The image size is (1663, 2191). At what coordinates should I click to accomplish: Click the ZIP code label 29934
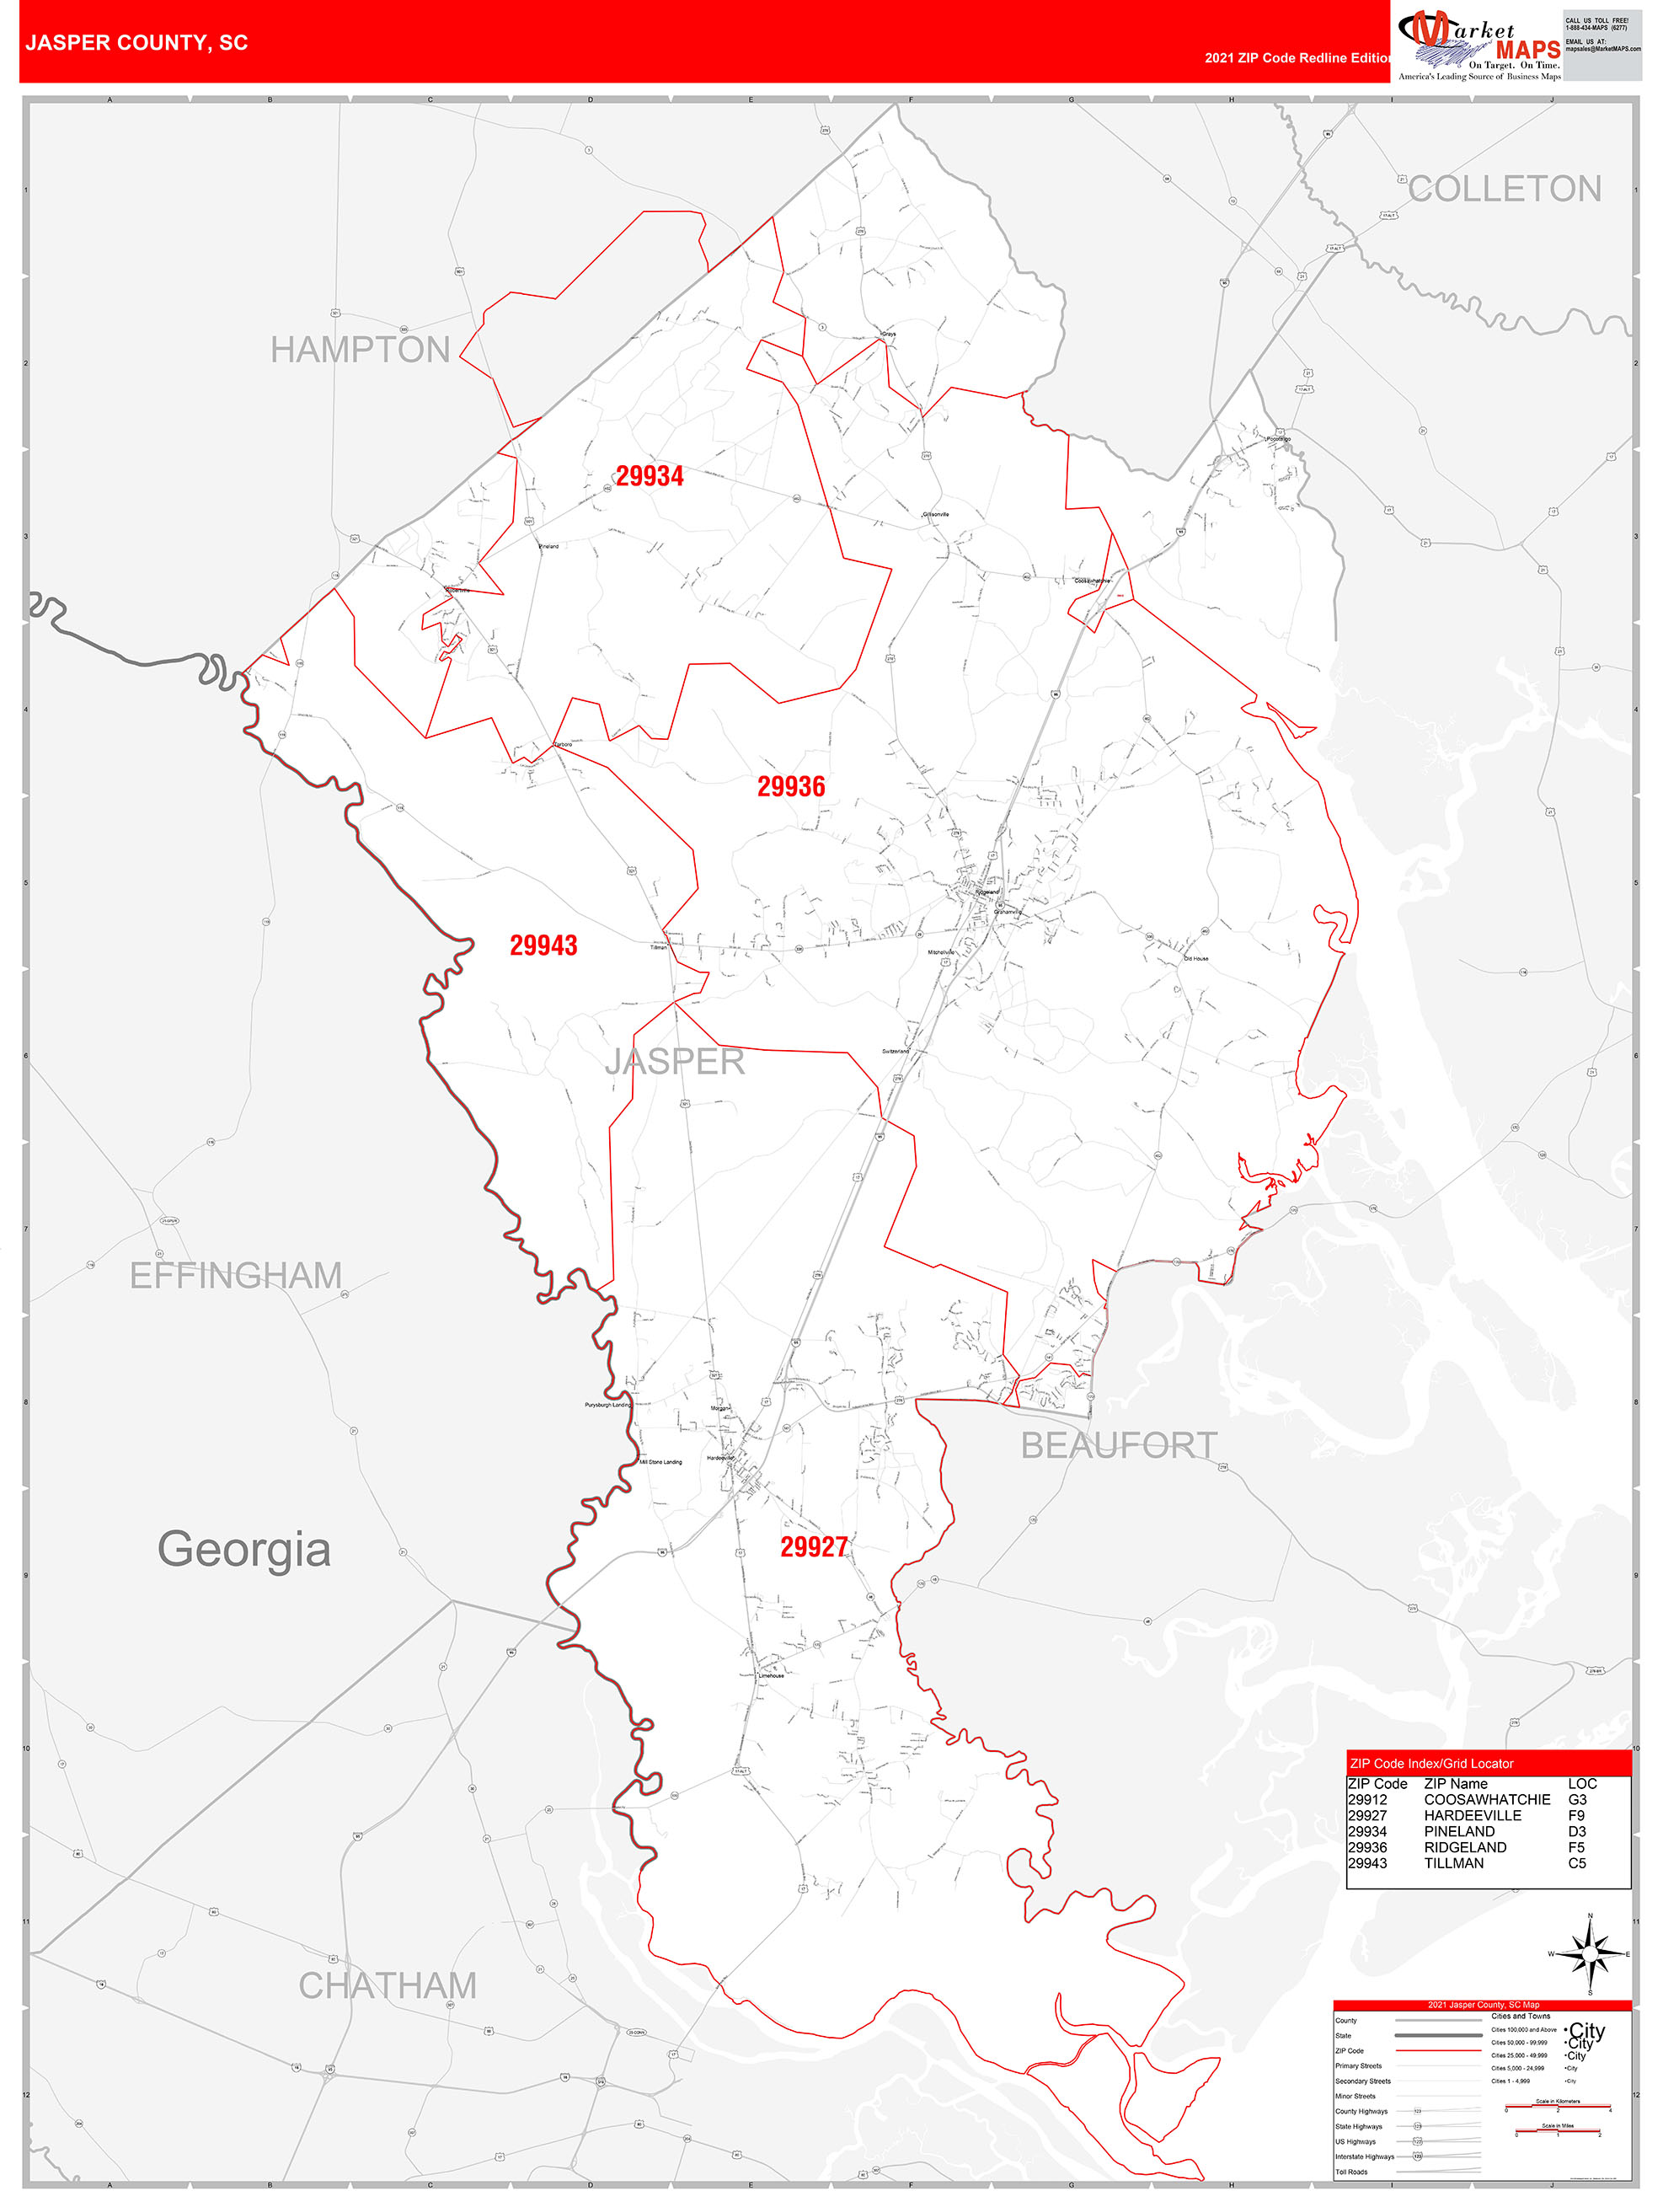(x=650, y=476)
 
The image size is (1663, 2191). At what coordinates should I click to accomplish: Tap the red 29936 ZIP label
(x=790, y=786)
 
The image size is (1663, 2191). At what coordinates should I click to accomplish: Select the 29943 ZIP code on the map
(x=543, y=945)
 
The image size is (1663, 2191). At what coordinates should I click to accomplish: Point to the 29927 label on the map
(x=813, y=1546)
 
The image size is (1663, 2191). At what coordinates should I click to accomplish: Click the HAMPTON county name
(x=361, y=350)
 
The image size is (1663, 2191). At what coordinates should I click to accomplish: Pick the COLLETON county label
(x=1504, y=190)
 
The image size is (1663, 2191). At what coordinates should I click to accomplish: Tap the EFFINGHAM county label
(x=236, y=1276)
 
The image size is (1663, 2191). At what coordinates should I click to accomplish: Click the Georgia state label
(x=243, y=1549)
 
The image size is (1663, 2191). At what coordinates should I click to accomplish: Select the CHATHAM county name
(x=388, y=1986)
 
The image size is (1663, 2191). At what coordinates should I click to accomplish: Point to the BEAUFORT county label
(x=1120, y=1445)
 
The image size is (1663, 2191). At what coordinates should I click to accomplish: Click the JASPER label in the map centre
(x=675, y=1062)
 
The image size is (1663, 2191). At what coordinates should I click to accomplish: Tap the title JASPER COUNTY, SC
(x=136, y=43)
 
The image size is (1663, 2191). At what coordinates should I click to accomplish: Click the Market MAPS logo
(x=1478, y=45)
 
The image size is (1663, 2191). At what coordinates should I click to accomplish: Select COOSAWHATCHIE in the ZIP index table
(x=1487, y=1800)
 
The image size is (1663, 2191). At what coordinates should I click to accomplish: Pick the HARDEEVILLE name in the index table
(x=1472, y=1816)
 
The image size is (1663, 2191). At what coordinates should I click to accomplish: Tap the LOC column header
(x=1582, y=1784)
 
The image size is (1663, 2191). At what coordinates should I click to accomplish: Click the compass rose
(x=1590, y=1954)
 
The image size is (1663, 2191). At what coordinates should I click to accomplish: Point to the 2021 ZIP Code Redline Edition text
(x=1297, y=58)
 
